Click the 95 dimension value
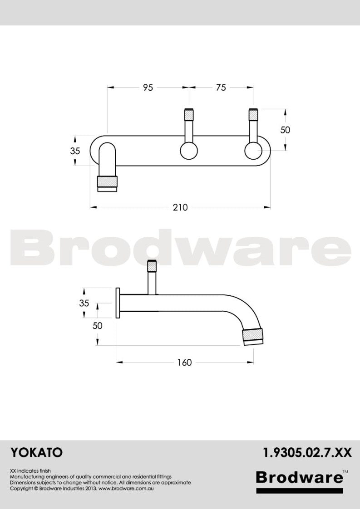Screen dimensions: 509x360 point(148,88)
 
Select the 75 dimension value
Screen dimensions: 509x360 point(221,88)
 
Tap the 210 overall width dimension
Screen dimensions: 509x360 point(180,207)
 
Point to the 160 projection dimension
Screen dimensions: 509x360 point(185,362)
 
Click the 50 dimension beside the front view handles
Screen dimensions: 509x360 point(285,130)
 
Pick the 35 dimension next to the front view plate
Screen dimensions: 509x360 point(75,151)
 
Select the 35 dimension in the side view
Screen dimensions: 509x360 point(84,303)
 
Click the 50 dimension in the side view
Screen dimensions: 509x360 point(98,326)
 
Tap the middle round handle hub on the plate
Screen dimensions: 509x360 point(188,151)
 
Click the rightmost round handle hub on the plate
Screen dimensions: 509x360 point(253,151)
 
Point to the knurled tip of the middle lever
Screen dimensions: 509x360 point(189,114)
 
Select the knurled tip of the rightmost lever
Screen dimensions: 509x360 point(253,114)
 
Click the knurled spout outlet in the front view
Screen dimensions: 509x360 point(108,182)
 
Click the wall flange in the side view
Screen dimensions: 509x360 point(118,303)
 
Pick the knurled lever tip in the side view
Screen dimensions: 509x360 point(152,265)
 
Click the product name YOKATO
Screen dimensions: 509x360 point(36,452)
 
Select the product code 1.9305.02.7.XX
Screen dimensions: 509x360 point(307,452)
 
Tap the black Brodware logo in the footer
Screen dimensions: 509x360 point(299,477)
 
